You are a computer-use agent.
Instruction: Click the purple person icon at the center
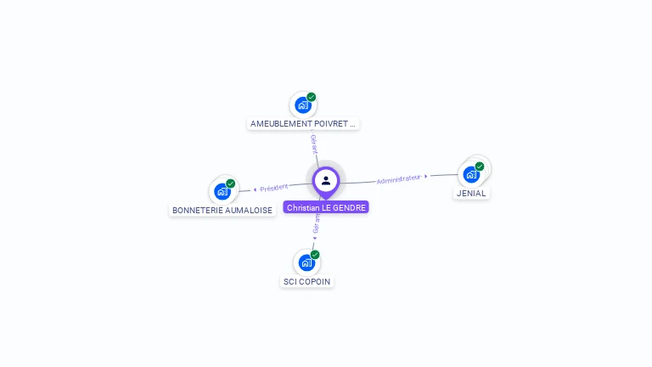coord(326,180)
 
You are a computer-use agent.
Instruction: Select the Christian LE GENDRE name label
coord(326,207)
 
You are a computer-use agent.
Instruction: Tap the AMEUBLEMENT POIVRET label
coord(303,124)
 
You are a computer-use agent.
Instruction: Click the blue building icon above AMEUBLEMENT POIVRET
coord(302,105)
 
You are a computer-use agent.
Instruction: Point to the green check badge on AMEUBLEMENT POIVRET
coord(312,97)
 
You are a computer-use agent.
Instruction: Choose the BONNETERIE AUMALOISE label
coord(222,210)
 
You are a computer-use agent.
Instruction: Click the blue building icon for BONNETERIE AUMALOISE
coord(222,191)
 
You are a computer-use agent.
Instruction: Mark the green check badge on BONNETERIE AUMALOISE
coord(231,183)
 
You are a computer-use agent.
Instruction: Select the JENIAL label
coord(471,194)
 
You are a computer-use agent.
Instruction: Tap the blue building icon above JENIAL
coord(471,174)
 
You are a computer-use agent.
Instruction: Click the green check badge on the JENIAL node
coord(480,167)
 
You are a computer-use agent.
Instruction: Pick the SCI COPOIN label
coord(307,281)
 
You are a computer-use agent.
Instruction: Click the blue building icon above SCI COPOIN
coord(306,263)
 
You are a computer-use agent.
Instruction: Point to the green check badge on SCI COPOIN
coord(315,255)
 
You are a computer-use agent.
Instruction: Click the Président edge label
coord(274,187)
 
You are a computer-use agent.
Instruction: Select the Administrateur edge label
coord(398,179)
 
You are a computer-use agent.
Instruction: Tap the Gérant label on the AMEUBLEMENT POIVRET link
coord(313,144)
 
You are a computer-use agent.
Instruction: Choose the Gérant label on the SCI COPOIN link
coord(317,223)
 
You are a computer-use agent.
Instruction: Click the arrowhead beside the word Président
coord(255,189)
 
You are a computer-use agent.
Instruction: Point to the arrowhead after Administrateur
coord(426,177)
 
